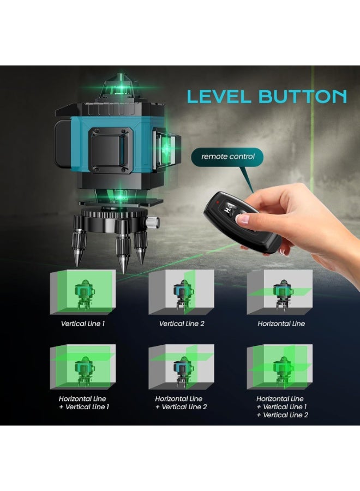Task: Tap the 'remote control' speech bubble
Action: point(227,157)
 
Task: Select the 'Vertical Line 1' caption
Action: point(83,324)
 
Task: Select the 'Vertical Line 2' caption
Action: point(182,324)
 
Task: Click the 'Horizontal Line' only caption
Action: point(281,324)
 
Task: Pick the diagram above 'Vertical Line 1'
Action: point(82,292)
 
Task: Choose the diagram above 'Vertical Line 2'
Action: point(181,292)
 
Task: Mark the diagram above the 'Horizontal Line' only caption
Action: point(279,292)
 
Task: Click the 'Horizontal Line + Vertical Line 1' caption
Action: point(82,403)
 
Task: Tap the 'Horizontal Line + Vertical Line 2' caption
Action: point(181,403)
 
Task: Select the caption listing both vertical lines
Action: point(282,406)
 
